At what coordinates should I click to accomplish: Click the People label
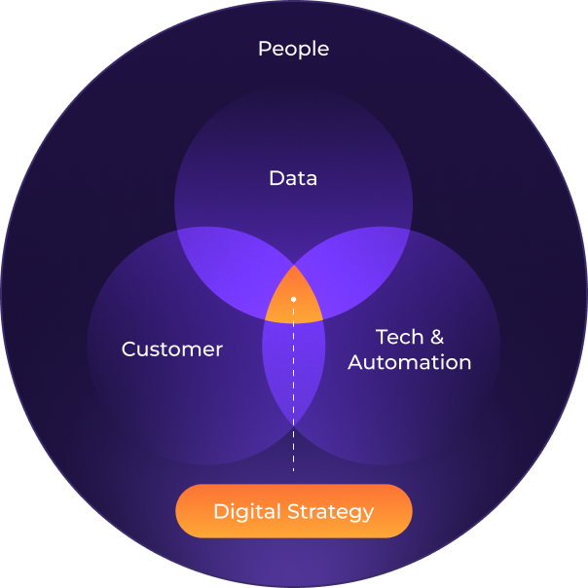293,49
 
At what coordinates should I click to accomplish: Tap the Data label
293,178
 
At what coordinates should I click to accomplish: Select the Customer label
172,349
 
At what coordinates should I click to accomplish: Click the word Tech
399,338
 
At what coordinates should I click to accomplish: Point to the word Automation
410,363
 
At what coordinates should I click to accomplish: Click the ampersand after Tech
436,338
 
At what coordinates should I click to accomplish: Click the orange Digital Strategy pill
293,511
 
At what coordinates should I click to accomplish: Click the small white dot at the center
293,298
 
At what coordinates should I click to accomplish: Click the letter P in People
264,49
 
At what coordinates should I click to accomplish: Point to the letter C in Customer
129,349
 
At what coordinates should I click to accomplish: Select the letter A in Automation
355,363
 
